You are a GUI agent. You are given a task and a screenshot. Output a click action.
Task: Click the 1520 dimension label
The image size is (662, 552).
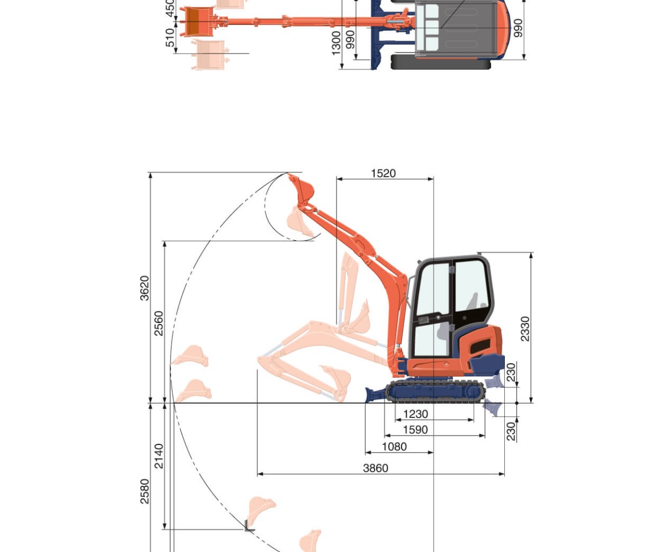click(x=383, y=173)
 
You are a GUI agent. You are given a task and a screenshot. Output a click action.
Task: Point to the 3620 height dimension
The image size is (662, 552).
click(x=145, y=288)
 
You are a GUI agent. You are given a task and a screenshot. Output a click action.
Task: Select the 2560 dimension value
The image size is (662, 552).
click(x=158, y=323)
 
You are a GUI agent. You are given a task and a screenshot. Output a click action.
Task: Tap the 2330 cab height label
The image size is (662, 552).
click(x=525, y=328)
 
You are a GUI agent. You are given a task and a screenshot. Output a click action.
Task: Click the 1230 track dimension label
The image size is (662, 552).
click(x=415, y=414)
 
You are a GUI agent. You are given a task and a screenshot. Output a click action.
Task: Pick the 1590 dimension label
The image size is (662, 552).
click(x=415, y=430)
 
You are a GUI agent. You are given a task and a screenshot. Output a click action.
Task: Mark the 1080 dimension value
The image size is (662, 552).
click(x=394, y=447)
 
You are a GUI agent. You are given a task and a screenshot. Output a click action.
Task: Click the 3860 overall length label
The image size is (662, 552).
click(x=375, y=468)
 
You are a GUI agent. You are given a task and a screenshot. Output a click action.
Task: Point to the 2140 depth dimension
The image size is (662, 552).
click(x=158, y=456)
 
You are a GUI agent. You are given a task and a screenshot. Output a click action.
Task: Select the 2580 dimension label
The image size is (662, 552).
click(x=145, y=491)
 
